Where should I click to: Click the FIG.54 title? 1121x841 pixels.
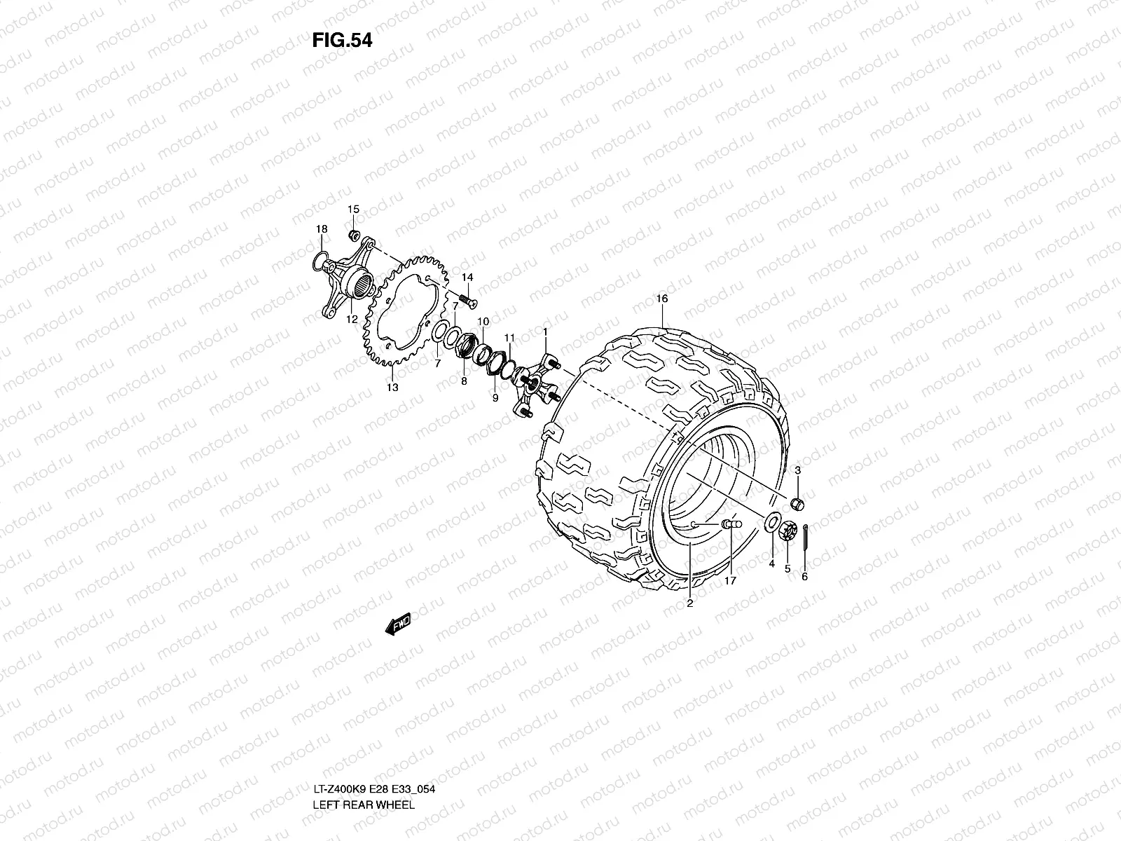coord(342,40)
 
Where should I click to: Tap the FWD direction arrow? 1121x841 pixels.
coord(398,624)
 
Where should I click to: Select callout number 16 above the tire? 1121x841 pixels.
coord(662,299)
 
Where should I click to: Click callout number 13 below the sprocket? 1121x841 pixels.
coord(392,388)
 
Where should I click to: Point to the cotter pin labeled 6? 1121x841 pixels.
coord(805,536)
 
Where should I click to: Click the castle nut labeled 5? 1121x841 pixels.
coord(788,531)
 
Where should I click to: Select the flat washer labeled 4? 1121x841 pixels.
coord(771,521)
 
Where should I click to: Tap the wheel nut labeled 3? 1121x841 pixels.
coord(797,503)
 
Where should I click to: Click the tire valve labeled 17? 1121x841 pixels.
coord(731,524)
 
